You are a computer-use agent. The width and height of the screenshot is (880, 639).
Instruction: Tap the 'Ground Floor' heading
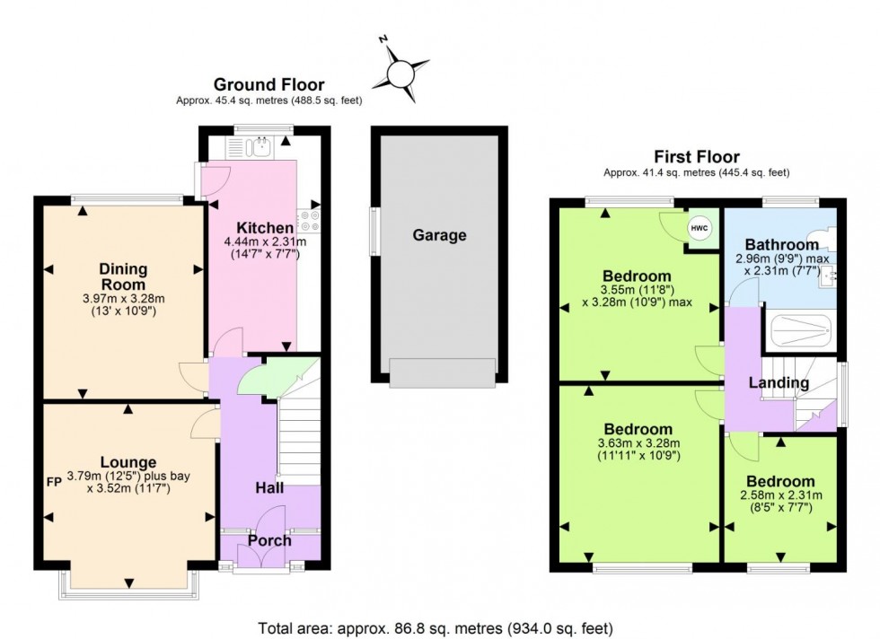point(269,85)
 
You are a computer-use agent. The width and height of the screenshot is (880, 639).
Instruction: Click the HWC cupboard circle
point(700,229)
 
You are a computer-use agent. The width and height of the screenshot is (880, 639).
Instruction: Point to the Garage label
point(439,236)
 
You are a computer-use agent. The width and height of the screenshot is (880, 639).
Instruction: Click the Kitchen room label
point(264,228)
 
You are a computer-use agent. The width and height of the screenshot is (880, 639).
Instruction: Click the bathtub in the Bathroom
point(800,329)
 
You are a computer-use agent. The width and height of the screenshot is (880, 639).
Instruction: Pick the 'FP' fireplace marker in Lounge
point(53,481)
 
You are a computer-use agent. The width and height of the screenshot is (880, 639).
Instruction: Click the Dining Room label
point(123,276)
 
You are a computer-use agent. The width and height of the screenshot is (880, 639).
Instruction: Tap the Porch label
point(269,540)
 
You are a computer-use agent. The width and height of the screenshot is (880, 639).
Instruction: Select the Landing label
point(779,383)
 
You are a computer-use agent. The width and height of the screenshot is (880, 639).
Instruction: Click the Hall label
point(268,488)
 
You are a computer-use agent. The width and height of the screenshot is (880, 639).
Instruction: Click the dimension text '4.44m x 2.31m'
point(265,241)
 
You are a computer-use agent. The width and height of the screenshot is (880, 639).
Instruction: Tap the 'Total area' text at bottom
point(436,628)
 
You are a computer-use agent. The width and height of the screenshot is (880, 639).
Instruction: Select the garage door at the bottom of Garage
point(442,372)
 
